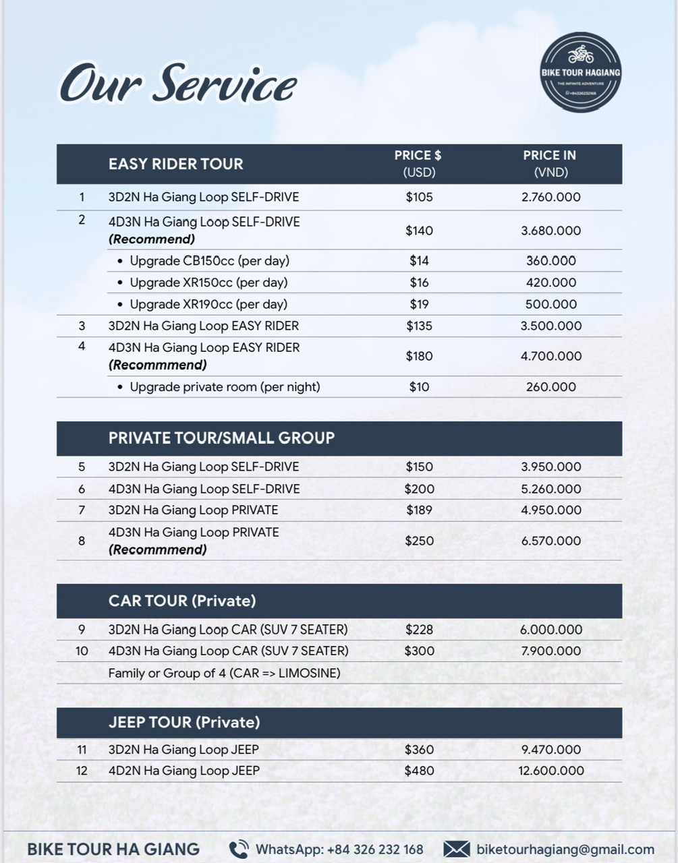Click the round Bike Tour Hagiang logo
click(580, 73)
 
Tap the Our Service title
click(178, 85)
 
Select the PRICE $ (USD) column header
click(418, 164)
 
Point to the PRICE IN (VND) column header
click(550, 164)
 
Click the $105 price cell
click(419, 198)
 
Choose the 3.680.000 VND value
click(550, 231)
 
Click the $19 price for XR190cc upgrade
click(419, 304)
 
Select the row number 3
click(82, 326)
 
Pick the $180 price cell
click(419, 356)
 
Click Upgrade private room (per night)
click(225, 387)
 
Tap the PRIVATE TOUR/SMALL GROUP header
click(221, 438)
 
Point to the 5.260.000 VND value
click(550, 489)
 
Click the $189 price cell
click(419, 510)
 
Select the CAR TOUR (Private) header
click(182, 601)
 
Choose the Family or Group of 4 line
click(224, 673)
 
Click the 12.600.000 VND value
click(550, 771)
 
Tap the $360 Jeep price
click(419, 750)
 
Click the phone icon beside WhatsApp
click(238, 850)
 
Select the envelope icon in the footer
click(457, 850)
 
